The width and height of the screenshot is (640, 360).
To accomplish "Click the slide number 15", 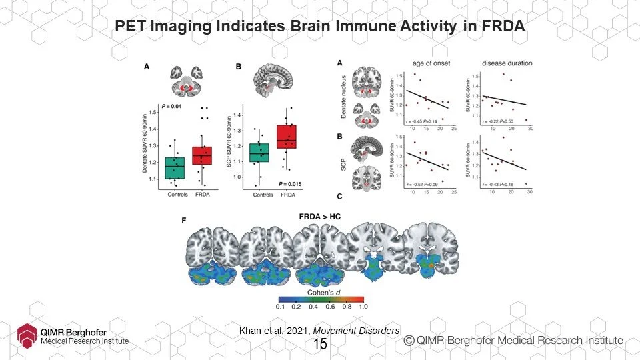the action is (x=320, y=345).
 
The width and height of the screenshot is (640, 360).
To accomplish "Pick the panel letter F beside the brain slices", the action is (x=185, y=220).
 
